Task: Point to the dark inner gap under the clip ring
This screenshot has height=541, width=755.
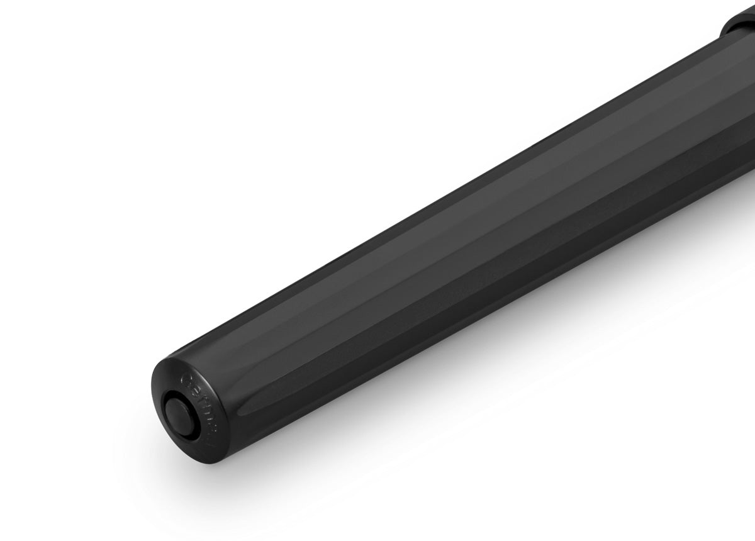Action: [x=724, y=31]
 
